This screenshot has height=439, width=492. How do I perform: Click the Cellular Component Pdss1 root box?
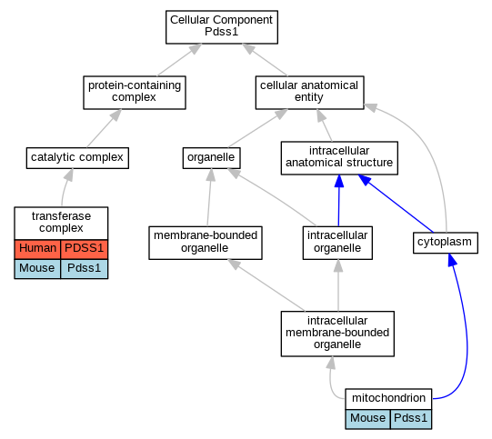coord(222,27)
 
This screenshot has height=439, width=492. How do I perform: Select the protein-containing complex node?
coord(135,93)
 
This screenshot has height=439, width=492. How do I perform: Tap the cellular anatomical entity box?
coord(310,93)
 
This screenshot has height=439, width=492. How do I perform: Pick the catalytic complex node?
coord(77,158)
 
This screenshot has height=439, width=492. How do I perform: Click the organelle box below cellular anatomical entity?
coord(212,158)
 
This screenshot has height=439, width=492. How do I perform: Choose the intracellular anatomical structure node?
coord(339,158)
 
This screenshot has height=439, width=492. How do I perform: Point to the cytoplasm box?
coord(446,243)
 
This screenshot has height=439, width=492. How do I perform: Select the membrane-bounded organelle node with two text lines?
coord(206,243)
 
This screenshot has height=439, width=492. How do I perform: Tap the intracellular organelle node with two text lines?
coord(337,243)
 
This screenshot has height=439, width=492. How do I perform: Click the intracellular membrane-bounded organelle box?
coord(337,334)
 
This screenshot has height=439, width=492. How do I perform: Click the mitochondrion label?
coord(388,399)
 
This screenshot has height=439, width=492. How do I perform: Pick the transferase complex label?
coord(61,223)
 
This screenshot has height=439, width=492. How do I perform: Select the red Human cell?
coord(37,249)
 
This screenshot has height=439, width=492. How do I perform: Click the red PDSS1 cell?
coord(84,249)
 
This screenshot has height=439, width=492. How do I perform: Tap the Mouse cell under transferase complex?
coord(37,269)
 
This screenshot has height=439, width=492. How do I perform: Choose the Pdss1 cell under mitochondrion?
coord(411,419)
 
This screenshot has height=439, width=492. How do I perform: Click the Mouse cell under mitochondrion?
coord(367,419)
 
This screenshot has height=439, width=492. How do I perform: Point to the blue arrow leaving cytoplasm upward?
coord(396,204)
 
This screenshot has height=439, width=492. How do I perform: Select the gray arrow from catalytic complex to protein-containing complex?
coord(104,128)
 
